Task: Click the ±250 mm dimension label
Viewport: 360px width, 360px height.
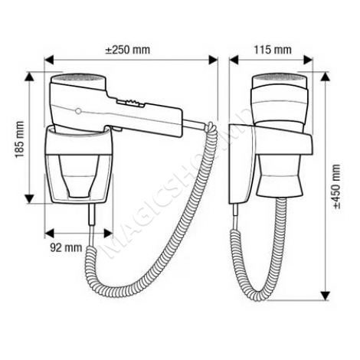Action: (x=128, y=50)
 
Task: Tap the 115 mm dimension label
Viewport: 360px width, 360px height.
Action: (x=273, y=50)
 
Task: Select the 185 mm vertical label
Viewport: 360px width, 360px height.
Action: (x=20, y=139)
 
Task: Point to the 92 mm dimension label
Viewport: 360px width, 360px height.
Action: (x=66, y=247)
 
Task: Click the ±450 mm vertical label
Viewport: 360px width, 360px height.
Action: (x=337, y=186)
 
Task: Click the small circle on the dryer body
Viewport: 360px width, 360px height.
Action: (x=79, y=111)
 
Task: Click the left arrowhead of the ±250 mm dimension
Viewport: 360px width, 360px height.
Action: (x=49, y=60)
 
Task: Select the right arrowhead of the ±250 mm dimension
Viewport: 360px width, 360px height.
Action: (x=213, y=60)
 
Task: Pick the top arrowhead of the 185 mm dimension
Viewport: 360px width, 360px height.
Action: (x=30, y=77)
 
